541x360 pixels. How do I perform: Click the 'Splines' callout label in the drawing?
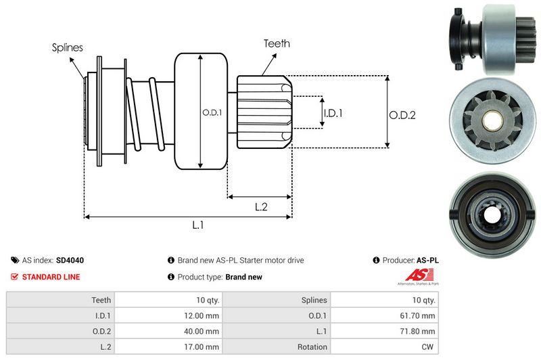pos(67,48)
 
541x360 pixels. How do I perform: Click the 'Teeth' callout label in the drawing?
pos(277,43)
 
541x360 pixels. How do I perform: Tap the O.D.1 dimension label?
pos(212,112)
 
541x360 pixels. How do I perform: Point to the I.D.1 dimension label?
pos(332,113)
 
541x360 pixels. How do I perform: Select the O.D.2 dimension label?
pos(402,115)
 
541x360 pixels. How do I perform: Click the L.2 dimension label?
pos(262,208)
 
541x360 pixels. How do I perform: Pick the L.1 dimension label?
pos(198,226)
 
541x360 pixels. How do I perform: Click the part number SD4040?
pos(70,260)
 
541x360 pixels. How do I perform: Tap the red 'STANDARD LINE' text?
pos(51,277)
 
